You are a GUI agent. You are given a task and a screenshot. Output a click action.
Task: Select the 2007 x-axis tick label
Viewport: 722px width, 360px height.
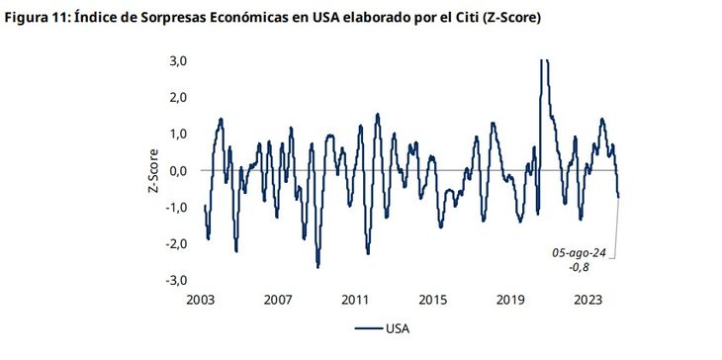(x=279, y=299)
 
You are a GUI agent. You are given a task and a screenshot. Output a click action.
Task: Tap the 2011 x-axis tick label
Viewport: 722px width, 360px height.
(x=356, y=299)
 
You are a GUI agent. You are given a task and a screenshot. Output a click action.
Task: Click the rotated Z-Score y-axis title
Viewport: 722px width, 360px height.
(x=154, y=170)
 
